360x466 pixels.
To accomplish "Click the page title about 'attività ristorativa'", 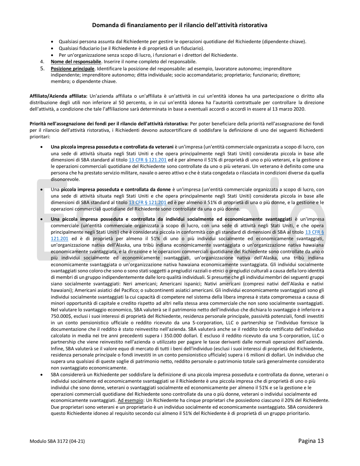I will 180,25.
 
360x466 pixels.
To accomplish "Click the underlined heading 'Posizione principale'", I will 72,69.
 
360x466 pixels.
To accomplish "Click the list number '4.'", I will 42,61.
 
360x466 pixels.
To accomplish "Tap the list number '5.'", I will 42,69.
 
